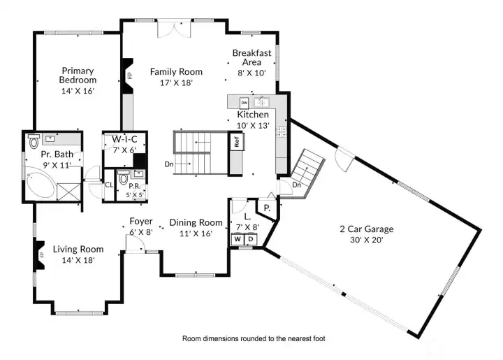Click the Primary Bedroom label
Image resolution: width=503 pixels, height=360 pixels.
pyautogui.click(x=78, y=75)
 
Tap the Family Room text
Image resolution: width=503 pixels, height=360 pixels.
pyautogui.click(x=176, y=72)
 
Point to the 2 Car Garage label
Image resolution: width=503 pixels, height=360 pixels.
pyautogui.click(x=367, y=229)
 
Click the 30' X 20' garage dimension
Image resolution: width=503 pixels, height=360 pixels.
pyautogui.click(x=367, y=239)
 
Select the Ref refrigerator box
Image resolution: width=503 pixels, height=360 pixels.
pyautogui.click(x=237, y=140)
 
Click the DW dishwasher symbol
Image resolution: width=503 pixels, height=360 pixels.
pyautogui.click(x=244, y=103)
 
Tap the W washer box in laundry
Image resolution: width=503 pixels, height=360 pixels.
pyautogui.click(x=238, y=239)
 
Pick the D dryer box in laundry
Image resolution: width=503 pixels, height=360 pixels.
pyautogui.click(x=251, y=239)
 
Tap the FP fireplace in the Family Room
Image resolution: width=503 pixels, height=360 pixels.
pyautogui.click(x=129, y=75)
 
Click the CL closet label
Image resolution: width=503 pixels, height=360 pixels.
pyautogui.click(x=109, y=185)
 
